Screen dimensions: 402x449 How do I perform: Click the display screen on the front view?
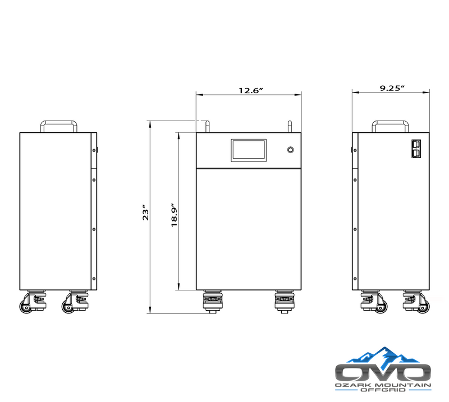point(249,150)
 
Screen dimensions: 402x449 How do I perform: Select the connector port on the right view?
point(418,150)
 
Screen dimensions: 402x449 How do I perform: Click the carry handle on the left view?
point(58,124)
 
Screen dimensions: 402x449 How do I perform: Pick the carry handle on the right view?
point(391,124)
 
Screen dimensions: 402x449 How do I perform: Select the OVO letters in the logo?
point(383,373)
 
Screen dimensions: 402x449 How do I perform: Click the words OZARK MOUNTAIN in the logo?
point(383,387)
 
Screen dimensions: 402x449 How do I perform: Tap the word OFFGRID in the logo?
point(383,394)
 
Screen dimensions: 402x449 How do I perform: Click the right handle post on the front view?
point(290,126)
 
